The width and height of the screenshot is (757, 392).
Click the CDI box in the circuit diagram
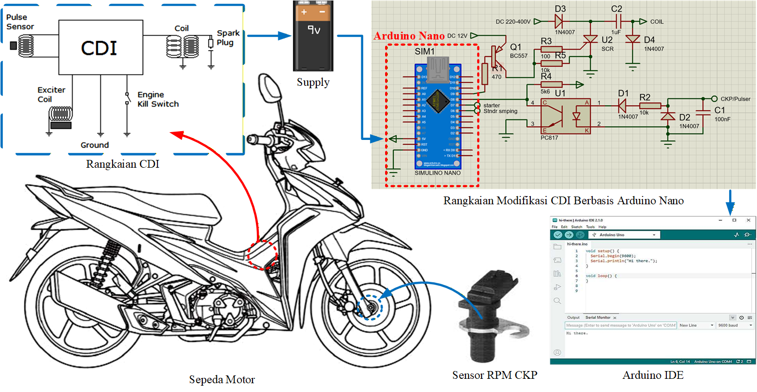point(99,47)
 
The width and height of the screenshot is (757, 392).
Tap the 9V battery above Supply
point(312,37)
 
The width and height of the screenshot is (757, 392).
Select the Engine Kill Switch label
point(157,99)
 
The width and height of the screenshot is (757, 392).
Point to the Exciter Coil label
point(51,95)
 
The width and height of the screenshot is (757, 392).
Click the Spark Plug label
point(228,38)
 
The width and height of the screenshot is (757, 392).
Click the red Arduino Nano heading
point(409,36)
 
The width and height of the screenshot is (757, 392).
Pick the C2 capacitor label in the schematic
point(616,9)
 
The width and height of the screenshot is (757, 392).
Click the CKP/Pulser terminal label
point(737,98)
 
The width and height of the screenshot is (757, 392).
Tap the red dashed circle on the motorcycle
point(263,254)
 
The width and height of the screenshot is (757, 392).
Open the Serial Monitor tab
point(598,317)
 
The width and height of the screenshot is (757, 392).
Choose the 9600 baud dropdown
point(734,325)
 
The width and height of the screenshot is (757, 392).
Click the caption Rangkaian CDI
point(123,164)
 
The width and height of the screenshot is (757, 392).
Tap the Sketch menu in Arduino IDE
point(577,227)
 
